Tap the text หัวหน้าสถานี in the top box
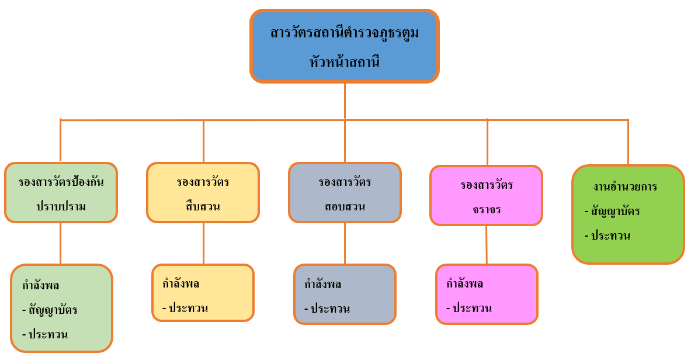[x=345, y=61]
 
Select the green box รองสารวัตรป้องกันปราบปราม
[x=61, y=193]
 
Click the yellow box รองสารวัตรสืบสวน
[x=203, y=193]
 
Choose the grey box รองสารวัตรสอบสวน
[x=345, y=193]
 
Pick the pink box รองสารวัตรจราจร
[x=487, y=196]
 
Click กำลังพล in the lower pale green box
[x=41, y=286]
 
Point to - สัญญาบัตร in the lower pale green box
[x=50, y=310]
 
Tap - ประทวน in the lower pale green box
[x=45, y=335]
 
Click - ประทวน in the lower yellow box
[x=185, y=309]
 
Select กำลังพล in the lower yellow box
[x=181, y=284]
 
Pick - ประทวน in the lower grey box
[x=327, y=309]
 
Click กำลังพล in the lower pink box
[x=465, y=285]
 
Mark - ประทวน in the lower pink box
[x=469, y=309]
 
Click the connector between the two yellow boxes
[x=203, y=243]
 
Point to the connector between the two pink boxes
[x=487, y=245]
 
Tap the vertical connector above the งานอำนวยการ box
[x=628, y=142]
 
